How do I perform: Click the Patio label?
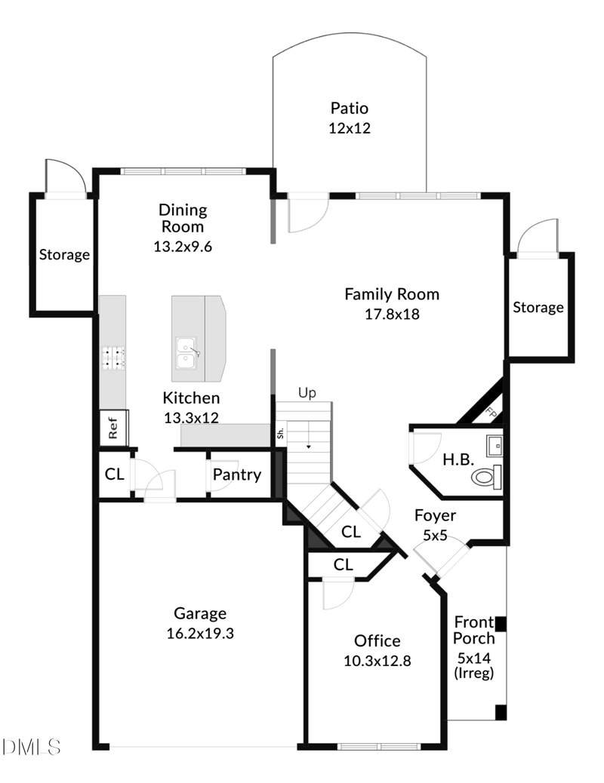click(x=350, y=109)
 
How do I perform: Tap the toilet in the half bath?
click(x=485, y=477)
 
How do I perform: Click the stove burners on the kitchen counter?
click(x=112, y=358)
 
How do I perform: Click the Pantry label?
click(x=236, y=474)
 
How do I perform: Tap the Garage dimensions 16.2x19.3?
click(x=200, y=634)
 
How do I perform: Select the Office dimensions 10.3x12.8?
click(x=377, y=661)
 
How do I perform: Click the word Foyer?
click(x=436, y=516)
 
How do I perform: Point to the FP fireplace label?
click(x=492, y=414)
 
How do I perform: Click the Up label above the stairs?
click(x=307, y=393)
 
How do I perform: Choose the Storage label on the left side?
click(x=64, y=255)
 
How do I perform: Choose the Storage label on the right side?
click(x=538, y=307)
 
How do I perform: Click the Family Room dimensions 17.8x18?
click(x=391, y=314)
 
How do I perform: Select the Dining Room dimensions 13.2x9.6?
click(x=182, y=246)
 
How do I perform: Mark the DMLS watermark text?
click(x=31, y=747)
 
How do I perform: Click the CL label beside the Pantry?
click(x=115, y=474)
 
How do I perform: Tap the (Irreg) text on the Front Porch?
click(x=475, y=674)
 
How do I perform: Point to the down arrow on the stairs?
click(x=308, y=446)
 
